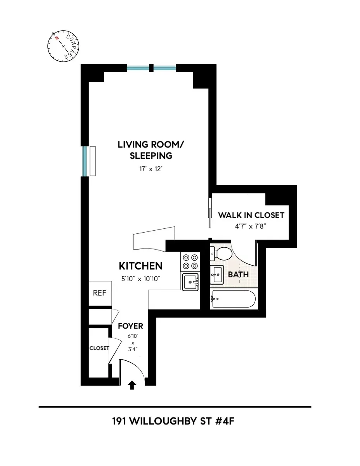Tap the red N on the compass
coord(57,38)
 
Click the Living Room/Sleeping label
coord(151,150)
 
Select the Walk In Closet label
coord(251,215)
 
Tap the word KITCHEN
coord(140,266)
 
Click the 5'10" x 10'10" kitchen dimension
coord(140,278)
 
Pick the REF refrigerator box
coord(99,293)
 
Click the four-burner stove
coord(190,261)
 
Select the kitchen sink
coord(190,281)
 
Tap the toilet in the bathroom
coord(221,254)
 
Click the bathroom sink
coord(216,275)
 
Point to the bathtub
coord(233,299)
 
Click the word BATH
coord(238,275)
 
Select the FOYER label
coord(130,326)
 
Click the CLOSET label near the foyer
coord(99,348)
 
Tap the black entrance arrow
coord(132,385)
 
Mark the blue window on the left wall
coord(83,161)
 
